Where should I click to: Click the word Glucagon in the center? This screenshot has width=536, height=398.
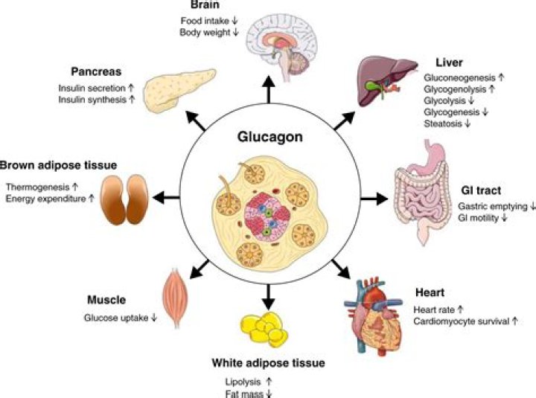tap(268, 138)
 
